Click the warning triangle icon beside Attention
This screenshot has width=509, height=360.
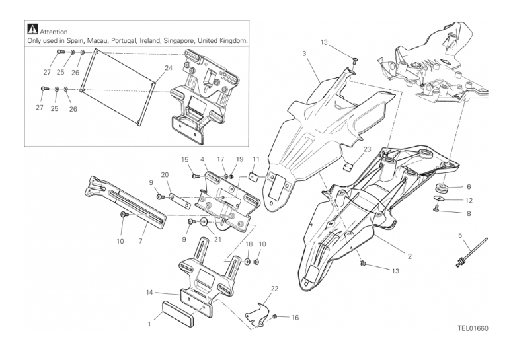click(32, 30)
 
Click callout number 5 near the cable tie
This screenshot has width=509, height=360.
click(459, 234)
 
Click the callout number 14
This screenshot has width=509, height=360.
click(151, 291)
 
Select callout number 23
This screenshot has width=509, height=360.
click(349, 149)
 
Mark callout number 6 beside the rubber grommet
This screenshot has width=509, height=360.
click(468, 187)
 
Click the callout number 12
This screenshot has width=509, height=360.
click(468, 200)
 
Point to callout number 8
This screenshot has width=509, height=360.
click(468, 213)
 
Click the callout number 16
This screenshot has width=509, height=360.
click(295, 318)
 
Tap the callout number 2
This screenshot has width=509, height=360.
click(409, 255)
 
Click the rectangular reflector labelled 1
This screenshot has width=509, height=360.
click(178, 312)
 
